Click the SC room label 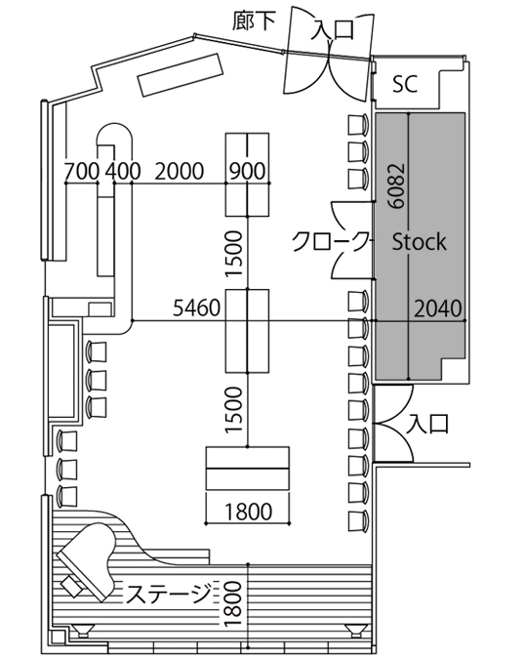tap(405, 84)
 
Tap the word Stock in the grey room tap(419, 242)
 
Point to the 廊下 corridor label tap(255, 21)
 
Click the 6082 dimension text tap(396, 185)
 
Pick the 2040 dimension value tap(438, 308)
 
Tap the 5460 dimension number tap(197, 308)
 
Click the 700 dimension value tap(82, 171)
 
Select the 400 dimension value tap(123, 171)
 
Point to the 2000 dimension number tap(180, 171)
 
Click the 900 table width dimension tap(248, 171)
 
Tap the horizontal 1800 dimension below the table tap(249, 512)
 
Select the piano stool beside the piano tap(71, 586)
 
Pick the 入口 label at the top tap(333, 29)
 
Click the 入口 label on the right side tap(428, 424)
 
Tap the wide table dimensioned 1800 tap(248, 468)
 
